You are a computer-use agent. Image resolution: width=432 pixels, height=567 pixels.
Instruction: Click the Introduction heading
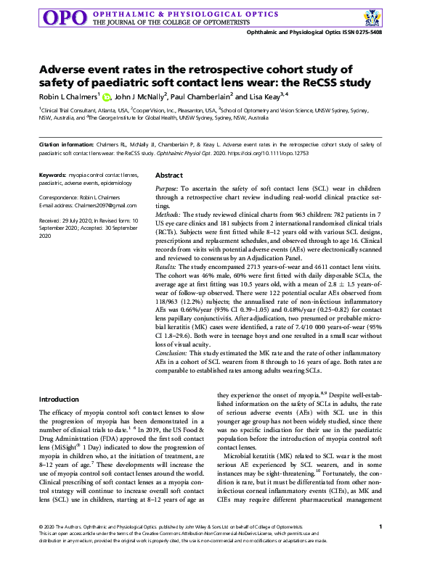[x=58, y=399]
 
